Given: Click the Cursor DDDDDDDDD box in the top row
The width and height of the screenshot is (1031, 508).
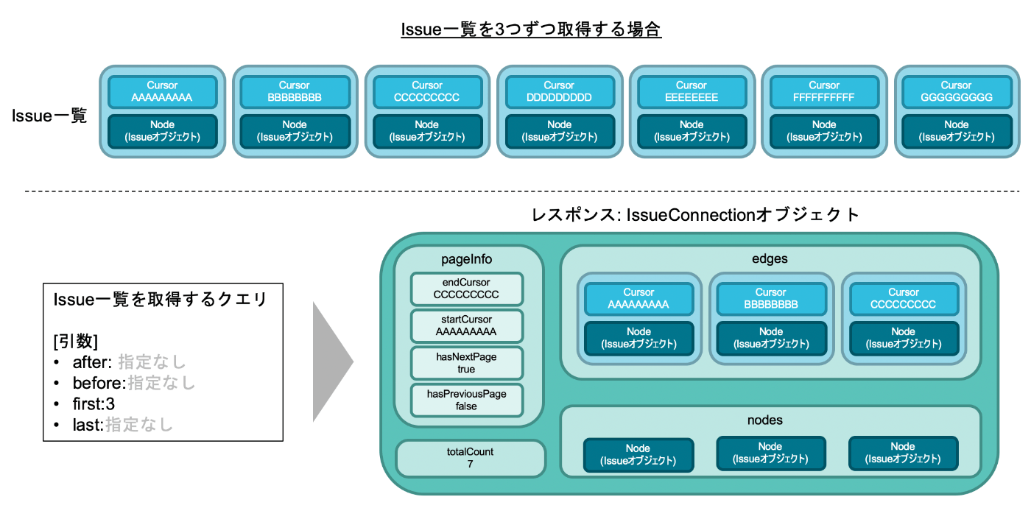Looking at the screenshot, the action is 559,91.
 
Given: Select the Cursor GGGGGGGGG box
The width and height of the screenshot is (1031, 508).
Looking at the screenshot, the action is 957,91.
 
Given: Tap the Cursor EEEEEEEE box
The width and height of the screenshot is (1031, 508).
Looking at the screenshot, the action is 692,91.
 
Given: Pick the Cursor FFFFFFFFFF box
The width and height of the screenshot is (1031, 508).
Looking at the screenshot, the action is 824,91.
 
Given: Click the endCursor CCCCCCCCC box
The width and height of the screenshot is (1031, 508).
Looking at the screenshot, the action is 466,289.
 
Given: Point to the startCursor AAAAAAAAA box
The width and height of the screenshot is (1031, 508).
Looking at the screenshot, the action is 466,325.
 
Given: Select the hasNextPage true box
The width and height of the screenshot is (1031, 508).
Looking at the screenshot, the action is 466,363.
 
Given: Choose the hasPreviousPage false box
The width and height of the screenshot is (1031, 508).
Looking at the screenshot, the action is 466,401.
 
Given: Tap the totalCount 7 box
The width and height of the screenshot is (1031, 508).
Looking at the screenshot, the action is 470,458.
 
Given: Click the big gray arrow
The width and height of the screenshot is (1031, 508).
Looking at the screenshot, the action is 331,361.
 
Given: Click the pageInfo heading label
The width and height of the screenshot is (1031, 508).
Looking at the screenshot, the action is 466,259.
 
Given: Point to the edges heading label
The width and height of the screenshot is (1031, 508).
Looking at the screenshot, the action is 770,258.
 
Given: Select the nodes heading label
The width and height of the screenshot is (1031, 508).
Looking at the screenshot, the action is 765,420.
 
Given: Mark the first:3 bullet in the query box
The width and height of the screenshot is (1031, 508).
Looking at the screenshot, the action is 85,404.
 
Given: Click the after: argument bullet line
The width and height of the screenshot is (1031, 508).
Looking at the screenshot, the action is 119,362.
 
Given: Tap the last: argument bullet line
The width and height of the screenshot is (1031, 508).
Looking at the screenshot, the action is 113,425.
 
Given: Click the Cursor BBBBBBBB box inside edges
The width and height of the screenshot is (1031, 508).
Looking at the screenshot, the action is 771,299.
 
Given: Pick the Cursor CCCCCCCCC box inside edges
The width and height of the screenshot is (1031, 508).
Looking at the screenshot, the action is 904,299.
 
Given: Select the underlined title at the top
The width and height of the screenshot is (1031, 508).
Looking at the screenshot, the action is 531,29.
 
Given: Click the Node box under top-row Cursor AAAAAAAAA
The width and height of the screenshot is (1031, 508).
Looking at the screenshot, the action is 163,131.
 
